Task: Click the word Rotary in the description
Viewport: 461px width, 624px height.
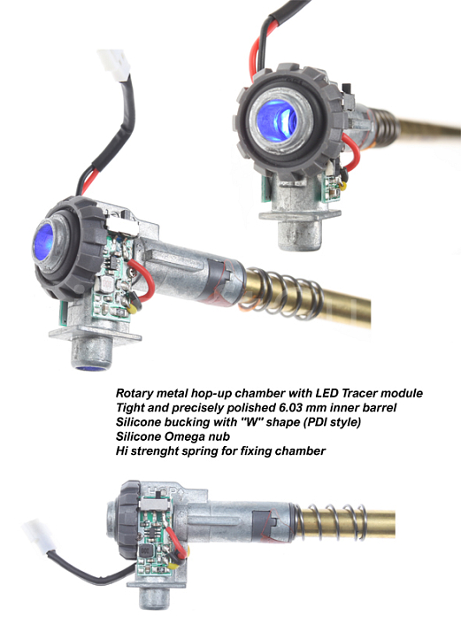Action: [137, 392]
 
